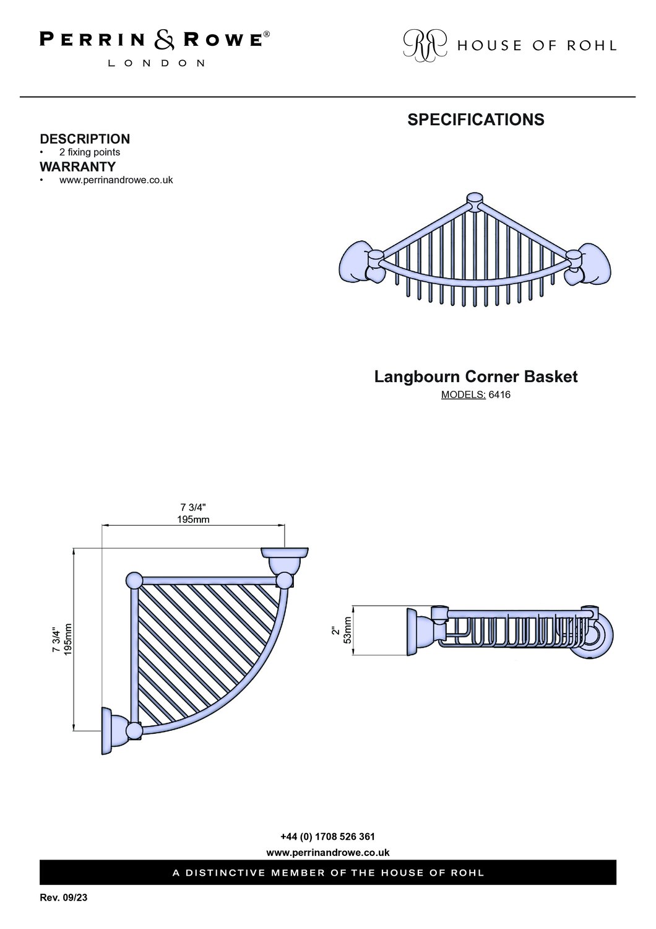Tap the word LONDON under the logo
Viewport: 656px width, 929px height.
[156, 63]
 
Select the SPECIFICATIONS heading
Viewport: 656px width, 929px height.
[476, 120]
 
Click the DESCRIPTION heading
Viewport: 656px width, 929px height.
[85, 139]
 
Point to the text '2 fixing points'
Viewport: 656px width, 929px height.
[90, 152]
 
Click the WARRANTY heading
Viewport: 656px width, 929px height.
[77, 167]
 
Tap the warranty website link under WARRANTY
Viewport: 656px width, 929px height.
[116, 180]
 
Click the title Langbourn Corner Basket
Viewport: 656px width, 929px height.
[476, 377]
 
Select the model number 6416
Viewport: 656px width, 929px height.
[499, 395]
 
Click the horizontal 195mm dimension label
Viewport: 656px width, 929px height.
[194, 519]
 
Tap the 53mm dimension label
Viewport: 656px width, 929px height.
[348, 630]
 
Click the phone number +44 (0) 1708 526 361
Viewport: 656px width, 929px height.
[328, 837]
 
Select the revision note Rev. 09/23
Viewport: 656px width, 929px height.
[63, 897]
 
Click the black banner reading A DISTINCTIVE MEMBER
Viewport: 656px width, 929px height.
[328, 873]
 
